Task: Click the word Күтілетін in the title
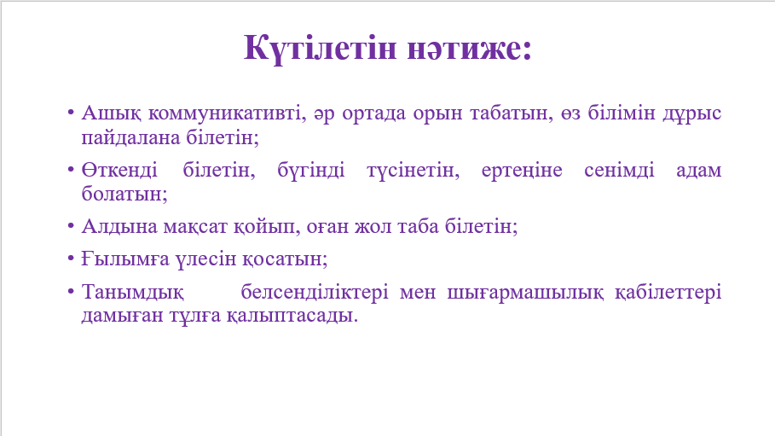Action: [x=321, y=49]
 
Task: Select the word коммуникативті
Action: [x=225, y=113]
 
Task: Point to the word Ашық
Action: [x=111, y=113]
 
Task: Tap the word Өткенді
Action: [x=119, y=171]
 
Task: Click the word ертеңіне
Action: [x=522, y=171]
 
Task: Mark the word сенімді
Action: [x=619, y=171]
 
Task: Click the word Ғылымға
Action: [x=125, y=259]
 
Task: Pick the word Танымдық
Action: [x=132, y=292]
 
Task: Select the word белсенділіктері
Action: [x=315, y=293]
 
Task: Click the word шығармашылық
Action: [x=525, y=293]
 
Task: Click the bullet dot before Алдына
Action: [x=71, y=227]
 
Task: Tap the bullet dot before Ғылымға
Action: [x=71, y=259]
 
